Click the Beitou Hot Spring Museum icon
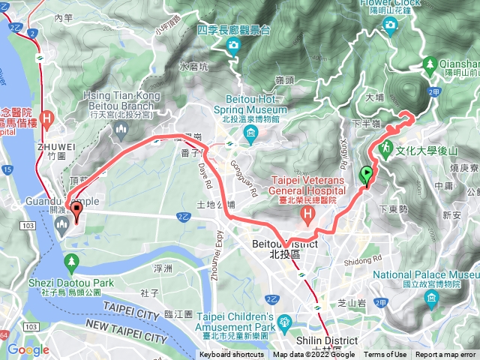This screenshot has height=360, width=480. click(x=250, y=135)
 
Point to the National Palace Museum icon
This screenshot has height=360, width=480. click(x=430, y=299)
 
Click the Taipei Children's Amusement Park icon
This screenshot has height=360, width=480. click(x=284, y=323)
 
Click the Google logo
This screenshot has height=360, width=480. click(x=28, y=349)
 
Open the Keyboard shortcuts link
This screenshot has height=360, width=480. click(x=232, y=355)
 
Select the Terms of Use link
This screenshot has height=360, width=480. click(x=385, y=355)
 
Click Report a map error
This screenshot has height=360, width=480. click(x=445, y=355)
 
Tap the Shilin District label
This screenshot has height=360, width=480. click(x=328, y=336)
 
